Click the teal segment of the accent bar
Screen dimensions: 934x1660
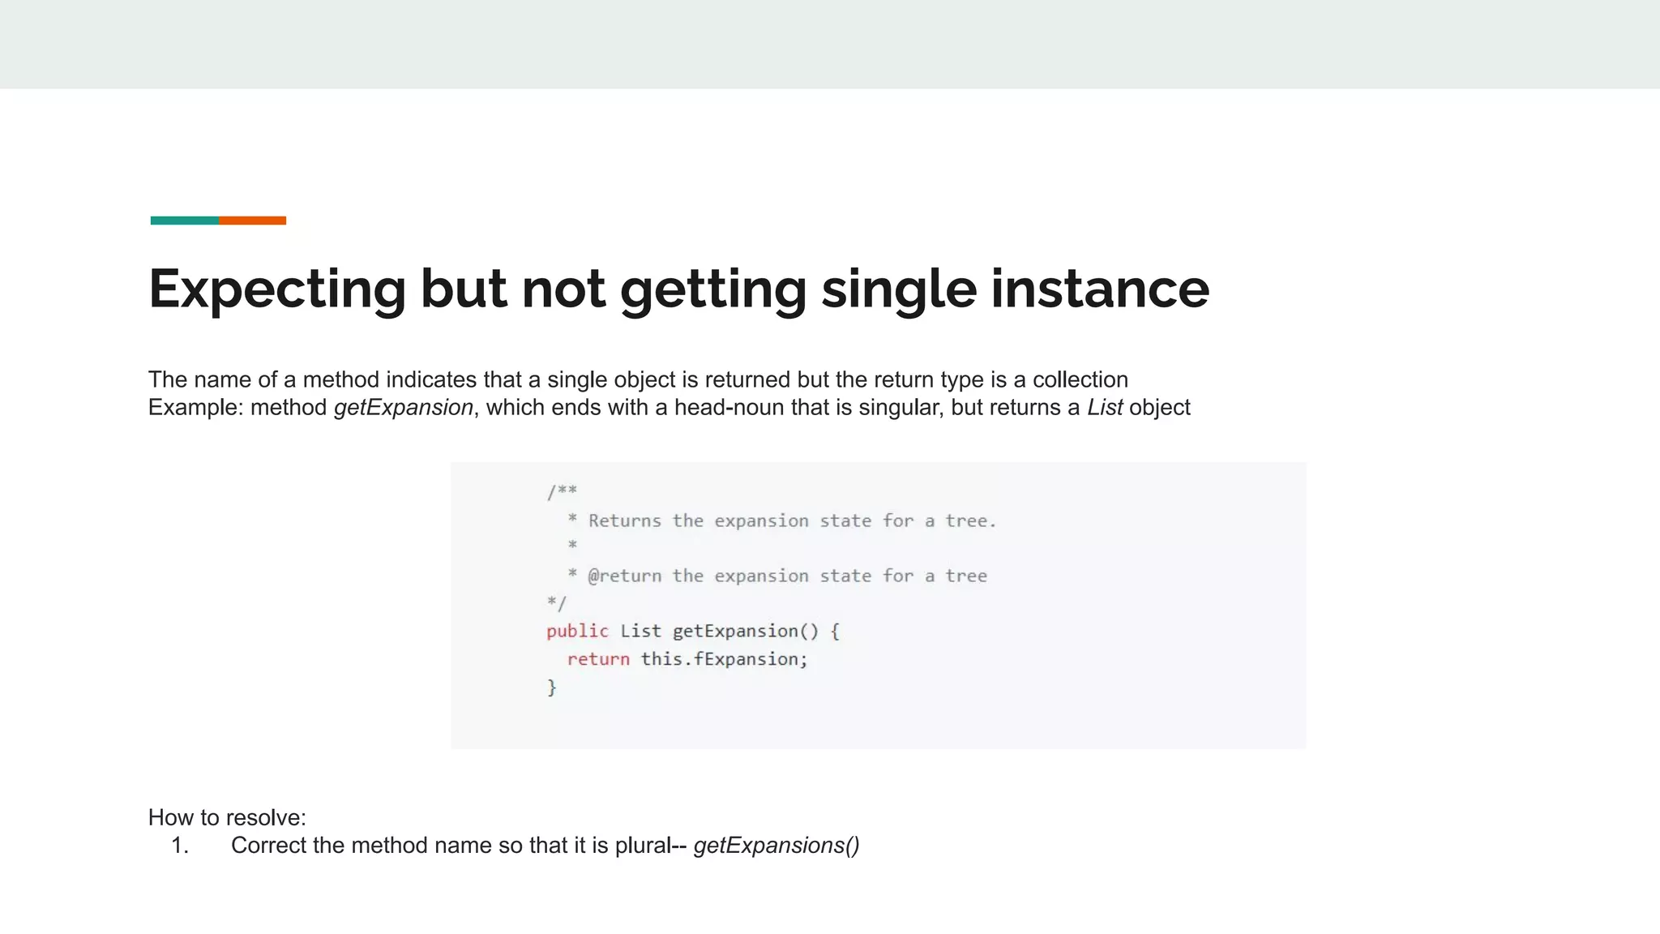[x=185, y=221]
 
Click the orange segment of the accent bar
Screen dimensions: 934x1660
[x=252, y=221]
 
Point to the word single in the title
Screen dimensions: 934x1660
[x=899, y=289]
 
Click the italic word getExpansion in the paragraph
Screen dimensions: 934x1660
[x=404, y=407]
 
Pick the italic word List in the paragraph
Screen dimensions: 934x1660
[x=1105, y=407]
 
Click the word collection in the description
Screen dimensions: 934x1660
[x=1080, y=379]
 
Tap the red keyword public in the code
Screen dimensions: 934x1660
[x=577, y=631]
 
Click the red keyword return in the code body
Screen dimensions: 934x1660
[x=598, y=659]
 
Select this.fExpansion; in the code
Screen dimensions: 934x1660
[x=725, y=659]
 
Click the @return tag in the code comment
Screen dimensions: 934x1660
[x=624, y=576]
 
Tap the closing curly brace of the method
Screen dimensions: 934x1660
[x=552, y=688]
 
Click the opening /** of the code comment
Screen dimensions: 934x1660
[x=562, y=491]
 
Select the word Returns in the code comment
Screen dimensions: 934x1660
[x=624, y=521]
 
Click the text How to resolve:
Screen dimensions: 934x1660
[x=227, y=817]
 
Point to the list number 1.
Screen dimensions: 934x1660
[x=180, y=846]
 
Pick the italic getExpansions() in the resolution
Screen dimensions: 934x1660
[x=777, y=846]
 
